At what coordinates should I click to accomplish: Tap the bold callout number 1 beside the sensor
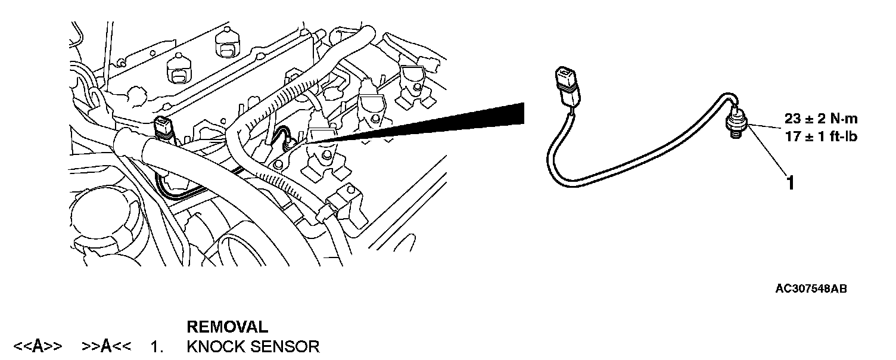[791, 182]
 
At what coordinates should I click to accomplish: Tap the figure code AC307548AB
[811, 288]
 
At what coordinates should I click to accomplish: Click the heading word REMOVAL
[227, 327]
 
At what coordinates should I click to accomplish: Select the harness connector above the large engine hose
[162, 128]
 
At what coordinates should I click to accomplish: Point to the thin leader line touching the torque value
[769, 127]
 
